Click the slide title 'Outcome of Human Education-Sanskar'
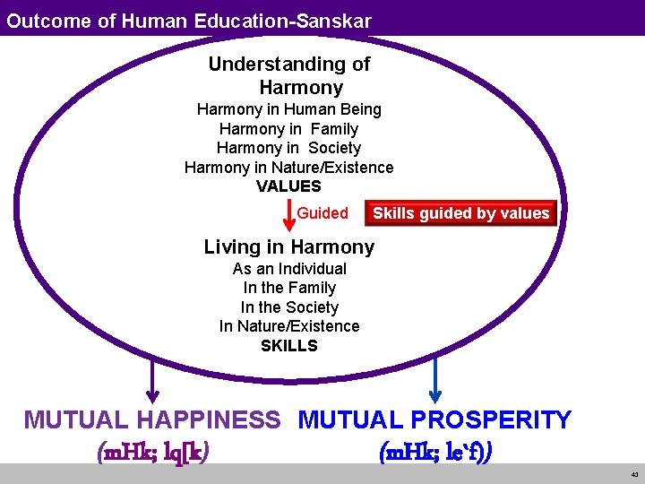(189, 21)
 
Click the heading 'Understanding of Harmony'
(289, 76)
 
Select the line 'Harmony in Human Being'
(289, 109)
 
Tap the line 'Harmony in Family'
(288, 129)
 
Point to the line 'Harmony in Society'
(288, 148)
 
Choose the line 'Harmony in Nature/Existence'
(288, 168)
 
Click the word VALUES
(288, 186)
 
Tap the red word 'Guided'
(322, 213)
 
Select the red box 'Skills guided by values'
(460, 213)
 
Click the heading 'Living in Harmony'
(288, 247)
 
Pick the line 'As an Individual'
(289, 269)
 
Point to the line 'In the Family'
(289, 288)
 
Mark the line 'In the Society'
(289, 307)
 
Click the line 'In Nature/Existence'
(289, 326)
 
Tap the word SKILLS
(289, 346)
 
